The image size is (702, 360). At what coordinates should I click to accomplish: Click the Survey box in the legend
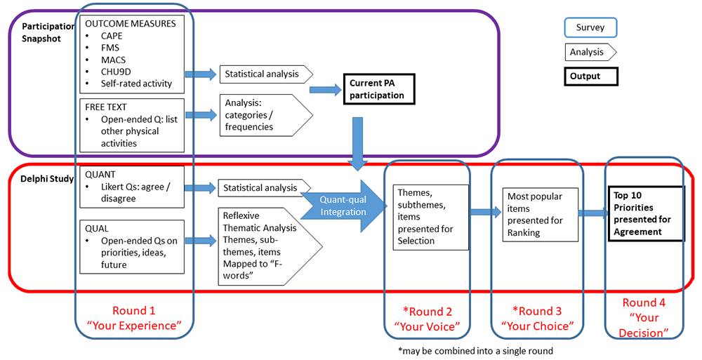[591, 27]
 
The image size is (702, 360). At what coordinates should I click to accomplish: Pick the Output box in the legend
[591, 76]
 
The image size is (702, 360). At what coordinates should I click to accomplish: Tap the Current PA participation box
[376, 90]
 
